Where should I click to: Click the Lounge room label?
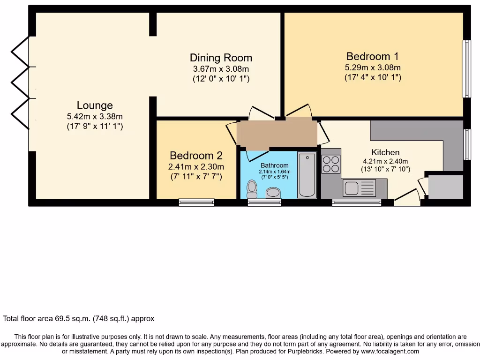tap(95, 105)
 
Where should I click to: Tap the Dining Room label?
tap(221, 58)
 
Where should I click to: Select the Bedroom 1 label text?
tap(373, 56)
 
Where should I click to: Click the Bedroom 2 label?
tap(196, 156)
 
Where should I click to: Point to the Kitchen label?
tap(385, 152)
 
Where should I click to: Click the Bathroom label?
tap(275, 165)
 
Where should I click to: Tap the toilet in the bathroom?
tap(252, 189)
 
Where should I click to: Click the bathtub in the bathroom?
tap(307, 175)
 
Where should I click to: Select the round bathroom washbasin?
tap(272, 193)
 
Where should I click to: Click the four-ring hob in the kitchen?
tap(331, 164)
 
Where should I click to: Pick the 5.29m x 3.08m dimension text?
tap(373, 67)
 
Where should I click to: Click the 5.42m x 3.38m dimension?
tap(95, 116)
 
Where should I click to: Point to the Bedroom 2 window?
tap(197, 202)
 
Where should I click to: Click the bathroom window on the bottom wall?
tap(265, 202)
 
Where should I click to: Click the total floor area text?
tap(79, 319)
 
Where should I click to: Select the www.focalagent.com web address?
tap(390, 351)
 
